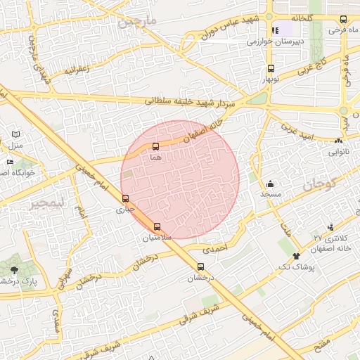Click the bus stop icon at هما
click(x=155, y=147)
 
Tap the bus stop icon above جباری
click(x=126, y=198)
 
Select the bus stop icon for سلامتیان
click(x=157, y=226)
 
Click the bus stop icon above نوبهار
click(x=271, y=69)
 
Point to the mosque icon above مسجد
click(x=271, y=184)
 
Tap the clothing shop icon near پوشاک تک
click(x=296, y=257)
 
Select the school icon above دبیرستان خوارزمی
click(x=275, y=30)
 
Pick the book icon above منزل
click(x=16, y=134)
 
